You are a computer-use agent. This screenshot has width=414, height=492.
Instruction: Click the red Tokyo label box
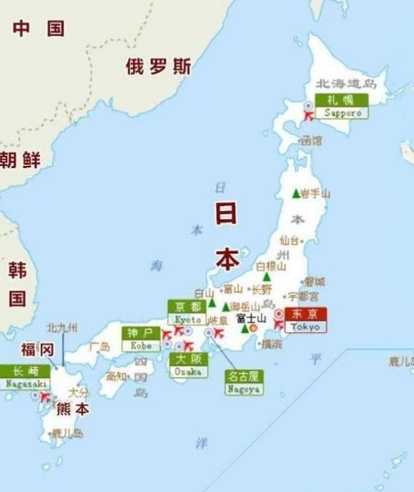coord(305,320)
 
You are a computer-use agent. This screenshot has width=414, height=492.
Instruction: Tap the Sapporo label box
coord(341,106)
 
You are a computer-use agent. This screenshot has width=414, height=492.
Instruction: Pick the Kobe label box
coord(141,339)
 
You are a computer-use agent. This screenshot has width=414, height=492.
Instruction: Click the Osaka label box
coord(189,366)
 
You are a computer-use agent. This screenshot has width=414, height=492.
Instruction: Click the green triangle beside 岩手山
coord(295,193)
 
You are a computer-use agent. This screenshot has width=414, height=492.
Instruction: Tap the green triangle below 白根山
coord(267,277)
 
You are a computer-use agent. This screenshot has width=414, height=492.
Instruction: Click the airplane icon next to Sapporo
coord(310,115)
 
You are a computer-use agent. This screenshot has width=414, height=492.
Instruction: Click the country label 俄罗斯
coord(158,67)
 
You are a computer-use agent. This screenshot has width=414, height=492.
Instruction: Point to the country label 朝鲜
coord(20,159)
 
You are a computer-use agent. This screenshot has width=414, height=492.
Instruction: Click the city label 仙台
coord(289,240)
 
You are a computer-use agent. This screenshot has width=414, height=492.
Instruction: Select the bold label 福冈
coord(37,350)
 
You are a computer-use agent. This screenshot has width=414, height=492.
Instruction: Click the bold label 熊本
coord(73,409)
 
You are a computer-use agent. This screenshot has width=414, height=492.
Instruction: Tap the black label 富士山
coord(252,317)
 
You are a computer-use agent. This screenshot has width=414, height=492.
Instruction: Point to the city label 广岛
coord(99,347)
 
